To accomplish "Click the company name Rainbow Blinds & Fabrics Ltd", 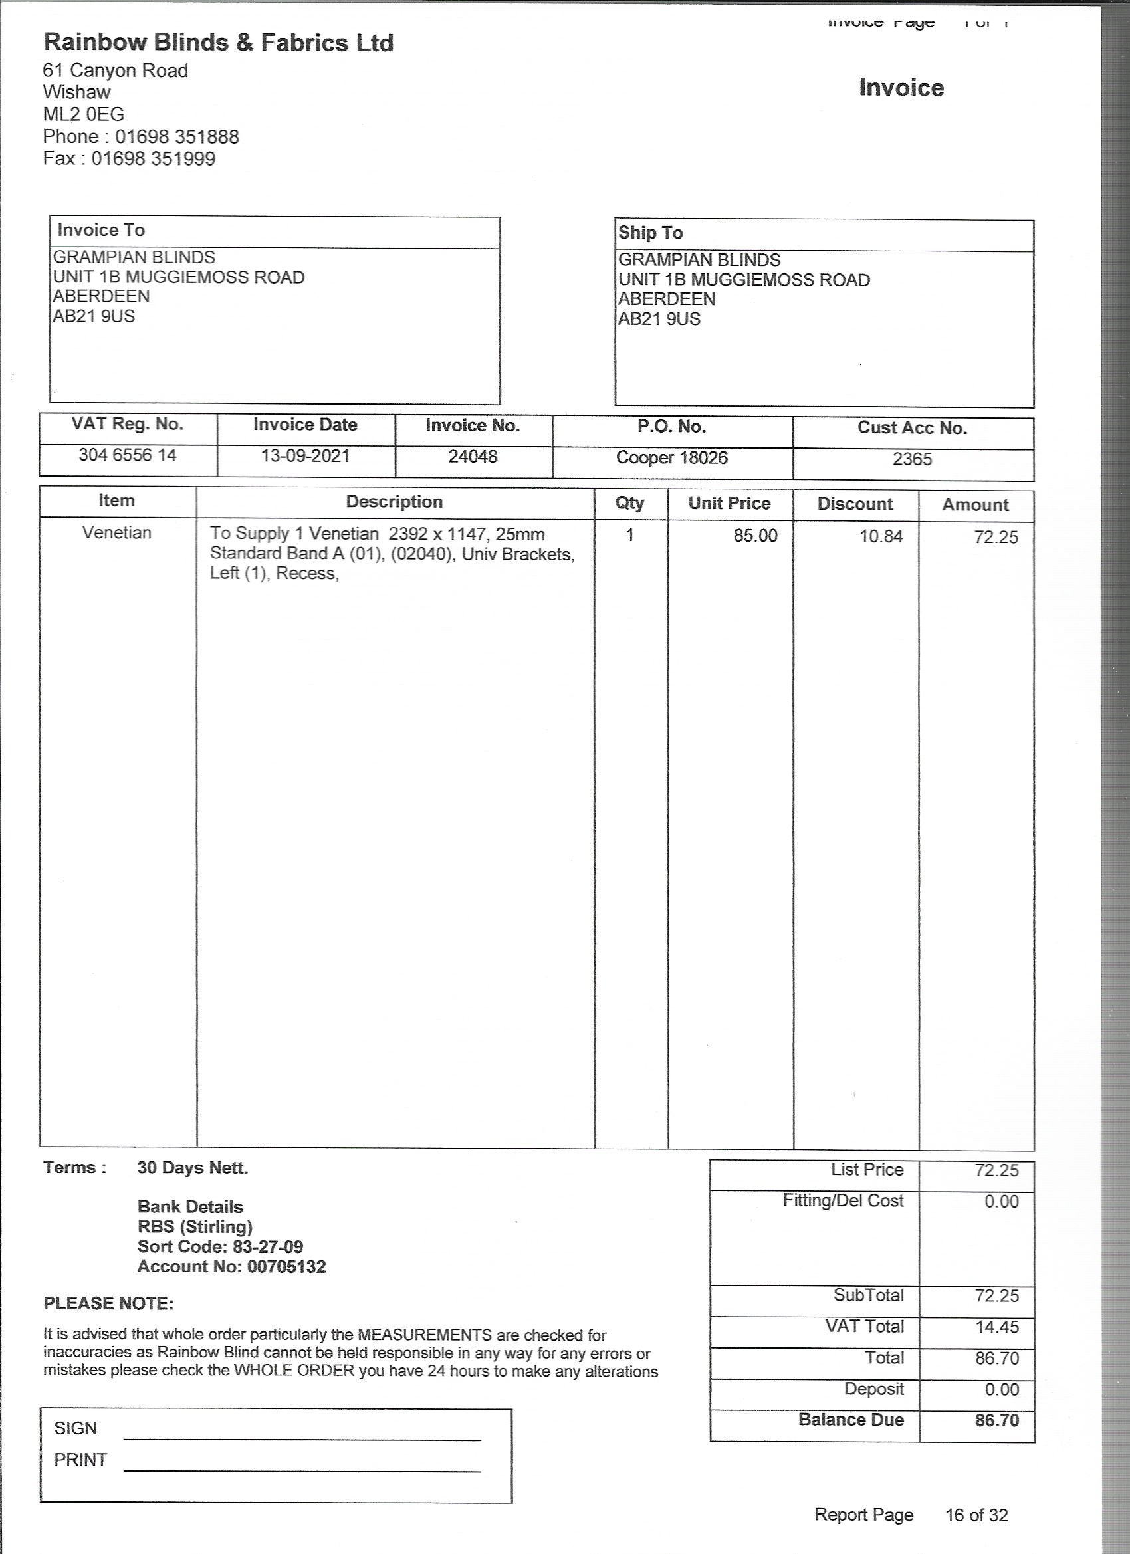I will click(218, 43).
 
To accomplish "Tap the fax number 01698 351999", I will click(154, 159).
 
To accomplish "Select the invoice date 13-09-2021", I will click(305, 457).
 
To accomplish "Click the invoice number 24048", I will click(473, 457).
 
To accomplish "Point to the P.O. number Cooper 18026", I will click(671, 458).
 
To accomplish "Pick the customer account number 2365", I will click(912, 459).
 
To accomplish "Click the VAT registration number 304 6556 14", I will click(128, 455).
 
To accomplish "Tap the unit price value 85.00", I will click(755, 536).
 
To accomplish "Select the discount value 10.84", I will click(881, 536).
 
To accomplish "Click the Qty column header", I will click(629, 504).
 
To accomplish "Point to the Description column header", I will click(394, 502).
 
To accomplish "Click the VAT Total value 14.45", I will click(997, 1327).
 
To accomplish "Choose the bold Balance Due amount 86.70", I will click(997, 1420).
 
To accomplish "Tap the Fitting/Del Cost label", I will click(843, 1201).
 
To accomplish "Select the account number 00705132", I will click(286, 1267).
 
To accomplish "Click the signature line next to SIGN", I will click(302, 1439).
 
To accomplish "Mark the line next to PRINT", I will click(302, 1470).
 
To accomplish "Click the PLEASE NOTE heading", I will click(108, 1304).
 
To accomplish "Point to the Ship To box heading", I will click(650, 233).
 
